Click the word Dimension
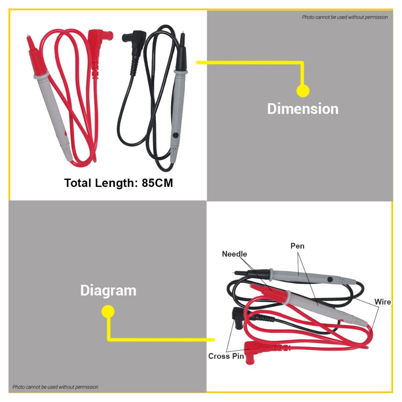point(303,109)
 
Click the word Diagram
point(108,291)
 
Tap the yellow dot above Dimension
point(303,91)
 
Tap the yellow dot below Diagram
point(108,312)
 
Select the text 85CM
point(157,183)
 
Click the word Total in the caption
point(79,183)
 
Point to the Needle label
point(234,254)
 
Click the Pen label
point(297,246)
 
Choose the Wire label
point(382,302)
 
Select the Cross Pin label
point(226,356)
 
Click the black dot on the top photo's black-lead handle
point(175,135)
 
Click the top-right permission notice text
point(345,17)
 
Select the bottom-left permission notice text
point(55,387)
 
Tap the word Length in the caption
point(116,183)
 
